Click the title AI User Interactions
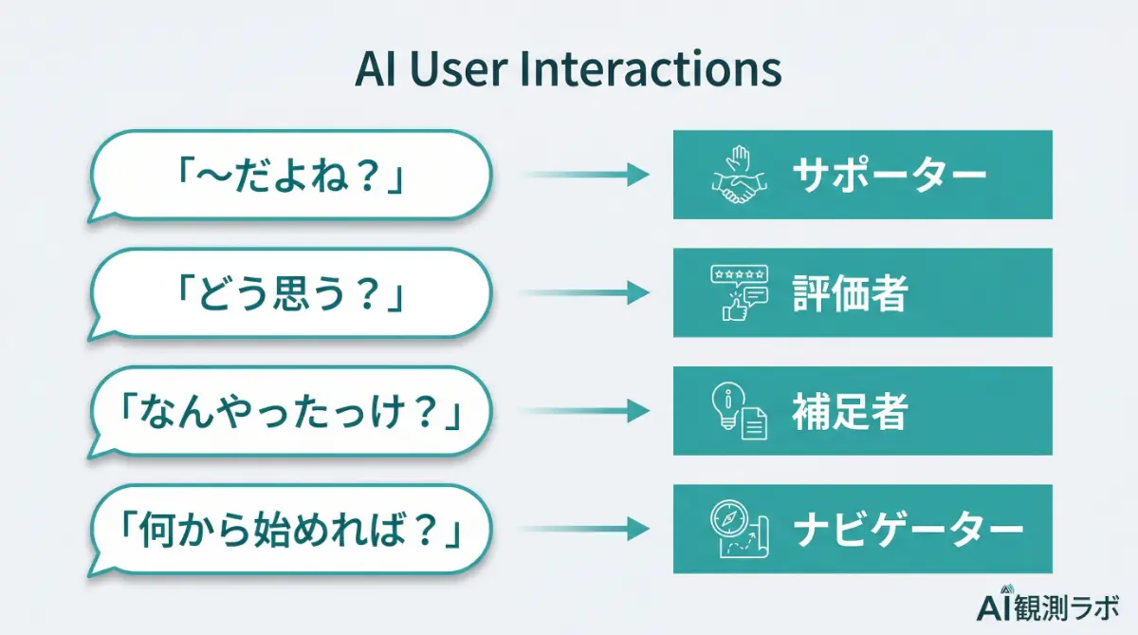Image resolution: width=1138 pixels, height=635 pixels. [x=568, y=70]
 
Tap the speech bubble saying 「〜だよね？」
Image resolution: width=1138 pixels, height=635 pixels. [x=290, y=175]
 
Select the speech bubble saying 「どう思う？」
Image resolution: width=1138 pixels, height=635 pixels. [x=290, y=293]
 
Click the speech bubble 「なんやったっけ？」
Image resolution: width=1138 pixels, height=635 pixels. [x=290, y=412]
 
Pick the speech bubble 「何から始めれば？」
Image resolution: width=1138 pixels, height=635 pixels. [x=290, y=530]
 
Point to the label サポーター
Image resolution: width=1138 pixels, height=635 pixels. [x=890, y=176]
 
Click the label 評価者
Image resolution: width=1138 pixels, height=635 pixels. [x=850, y=293]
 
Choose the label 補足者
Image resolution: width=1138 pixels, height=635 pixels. [x=850, y=412]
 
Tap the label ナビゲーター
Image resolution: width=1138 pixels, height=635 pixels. [x=909, y=530]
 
